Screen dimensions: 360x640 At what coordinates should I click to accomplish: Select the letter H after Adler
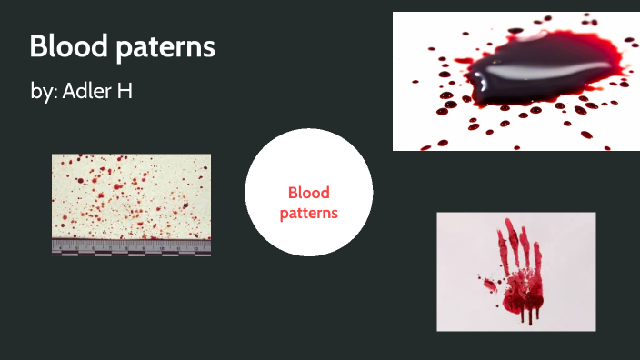(x=125, y=91)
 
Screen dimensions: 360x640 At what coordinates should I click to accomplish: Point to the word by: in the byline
(x=43, y=93)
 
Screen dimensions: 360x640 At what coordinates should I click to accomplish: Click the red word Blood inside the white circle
(x=308, y=193)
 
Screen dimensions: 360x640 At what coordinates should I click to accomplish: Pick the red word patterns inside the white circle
(x=308, y=213)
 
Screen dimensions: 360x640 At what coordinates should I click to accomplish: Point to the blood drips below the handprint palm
(x=529, y=315)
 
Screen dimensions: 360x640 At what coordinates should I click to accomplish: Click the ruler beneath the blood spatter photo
(x=131, y=246)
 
